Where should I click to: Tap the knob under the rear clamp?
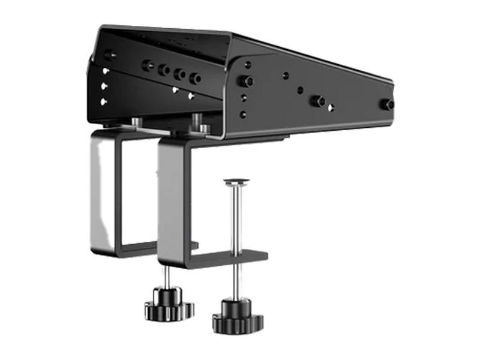[168, 304]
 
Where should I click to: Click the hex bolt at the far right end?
[388, 104]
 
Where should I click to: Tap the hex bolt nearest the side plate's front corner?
[245, 81]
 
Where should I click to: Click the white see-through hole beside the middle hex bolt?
[331, 107]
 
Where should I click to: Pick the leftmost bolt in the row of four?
[148, 65]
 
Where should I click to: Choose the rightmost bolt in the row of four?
[194, 78]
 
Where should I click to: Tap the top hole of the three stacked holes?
[106, 71]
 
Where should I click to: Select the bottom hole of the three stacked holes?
[104, 101]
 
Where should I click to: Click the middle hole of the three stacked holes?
[105, 86]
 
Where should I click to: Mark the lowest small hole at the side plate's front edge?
[243, 114]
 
